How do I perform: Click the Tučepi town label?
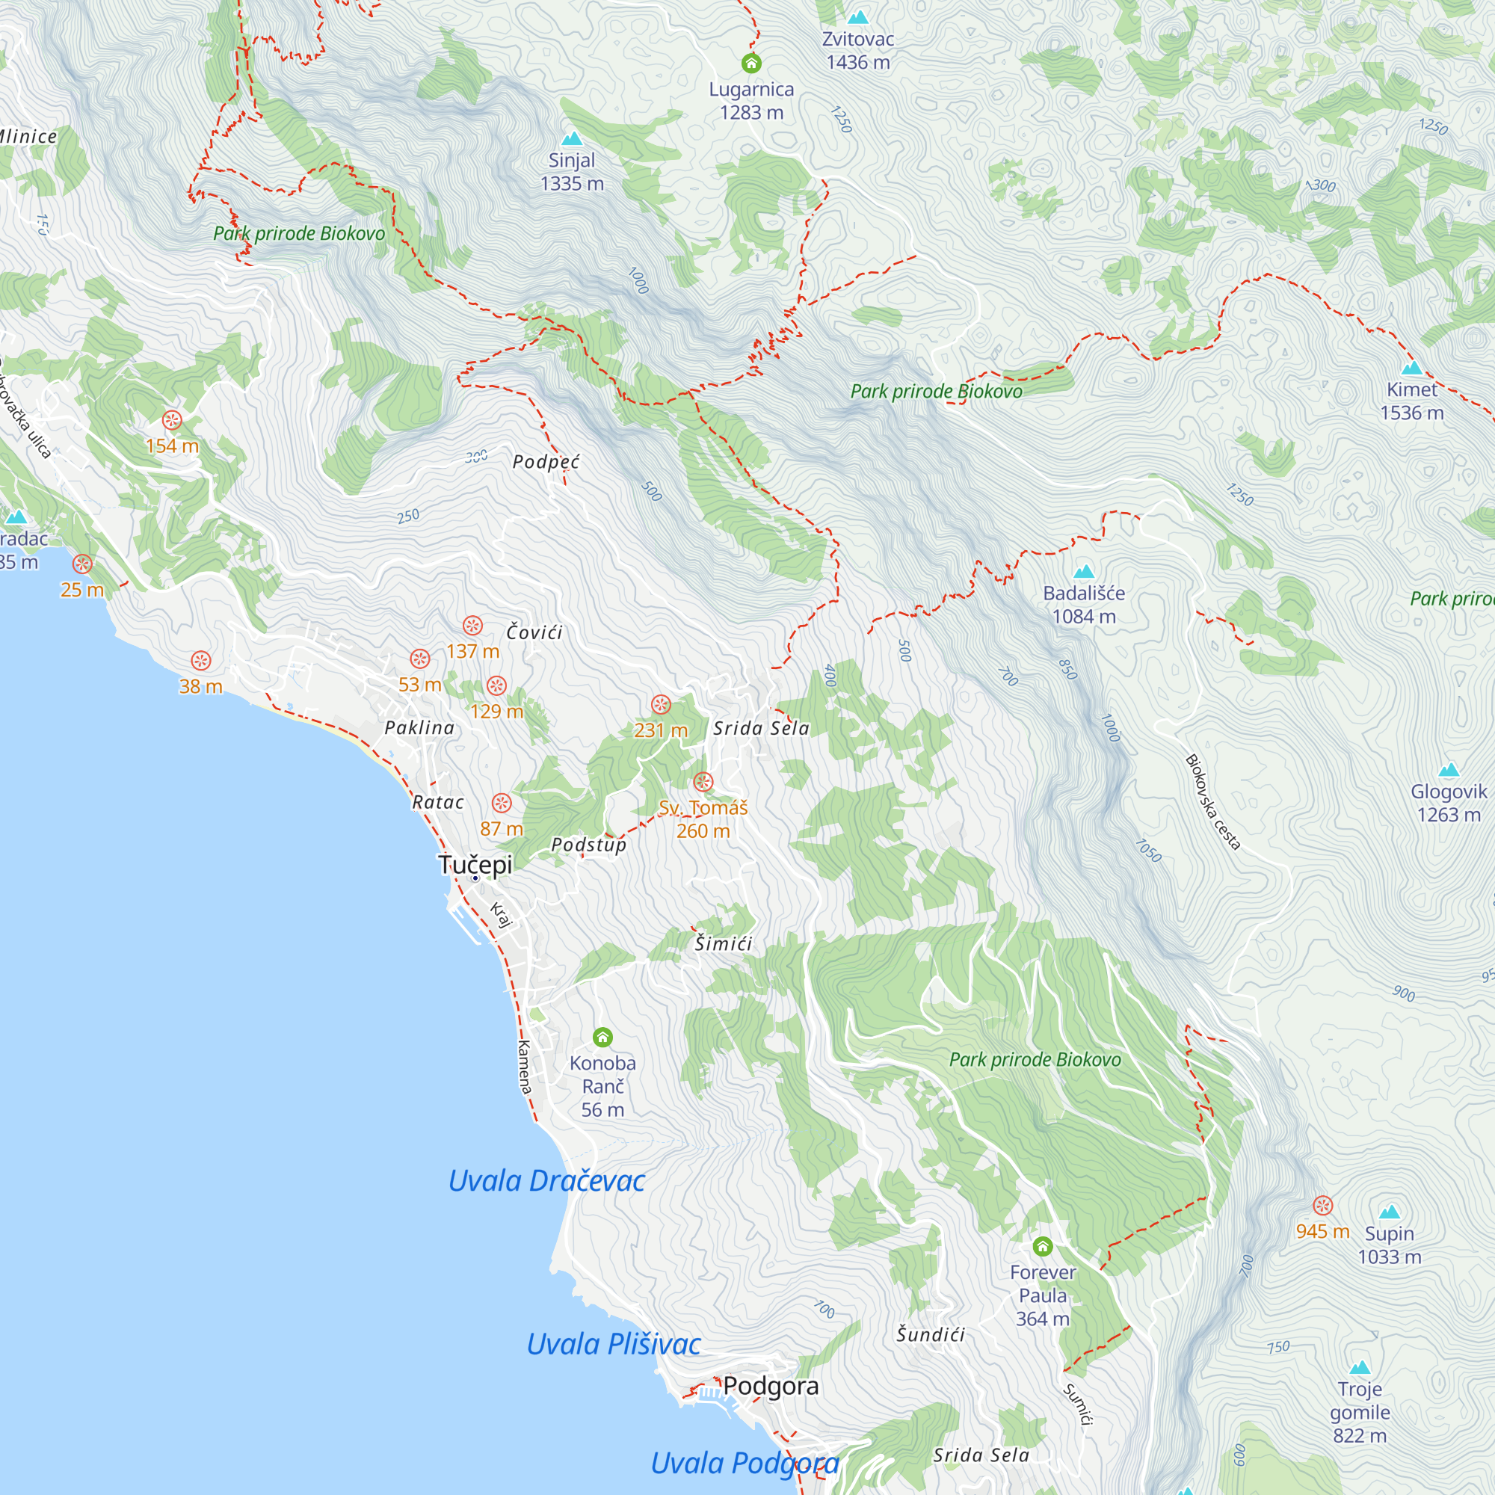tap(475, 864)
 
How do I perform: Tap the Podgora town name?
tap(771, 1385)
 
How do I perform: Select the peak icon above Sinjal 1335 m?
tap(572, 139)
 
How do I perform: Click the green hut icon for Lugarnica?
tap(751, 64)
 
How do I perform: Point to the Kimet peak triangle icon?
tap(1412, 369)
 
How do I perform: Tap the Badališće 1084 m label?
tap(1083, 604)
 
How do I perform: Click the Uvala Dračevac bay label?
tap(546, 1181)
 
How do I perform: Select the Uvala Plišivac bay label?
tap(614, 1344)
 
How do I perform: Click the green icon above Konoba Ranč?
tap(602, 1037)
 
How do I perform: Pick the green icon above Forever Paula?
tap(1042, 1246)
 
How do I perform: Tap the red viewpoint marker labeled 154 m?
tap(172, 420)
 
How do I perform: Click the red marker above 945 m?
tap(1323, 1205)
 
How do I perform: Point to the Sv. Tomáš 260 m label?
tap(703, 819)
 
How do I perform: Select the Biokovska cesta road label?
tap(1212, 802)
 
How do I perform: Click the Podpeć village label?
tap(546, 462)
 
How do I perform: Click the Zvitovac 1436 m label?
tap(857, 50)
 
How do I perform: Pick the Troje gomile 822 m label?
tap(1360, 1412)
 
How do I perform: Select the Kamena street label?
tap(525, 1067)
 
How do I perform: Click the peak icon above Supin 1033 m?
tap(1390, 1212)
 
